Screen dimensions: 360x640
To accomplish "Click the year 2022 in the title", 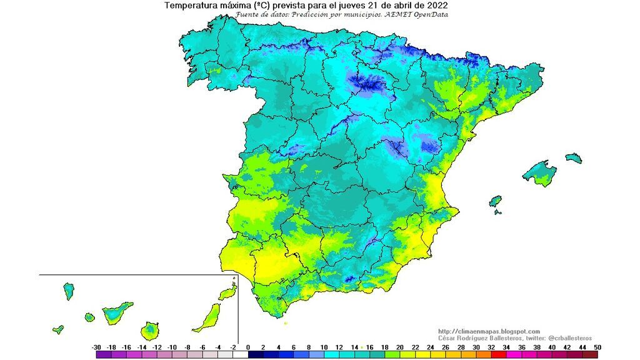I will (437, 6).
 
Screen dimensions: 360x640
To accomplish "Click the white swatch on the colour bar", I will (241, 355).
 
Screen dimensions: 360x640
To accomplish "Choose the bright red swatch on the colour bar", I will (498, 355).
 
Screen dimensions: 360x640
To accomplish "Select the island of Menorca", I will (574, 157).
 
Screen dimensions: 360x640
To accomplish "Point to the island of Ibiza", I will (495, 201).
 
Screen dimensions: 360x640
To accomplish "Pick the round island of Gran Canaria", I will (150, 329).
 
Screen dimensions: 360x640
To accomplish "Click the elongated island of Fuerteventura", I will (209, 317).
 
